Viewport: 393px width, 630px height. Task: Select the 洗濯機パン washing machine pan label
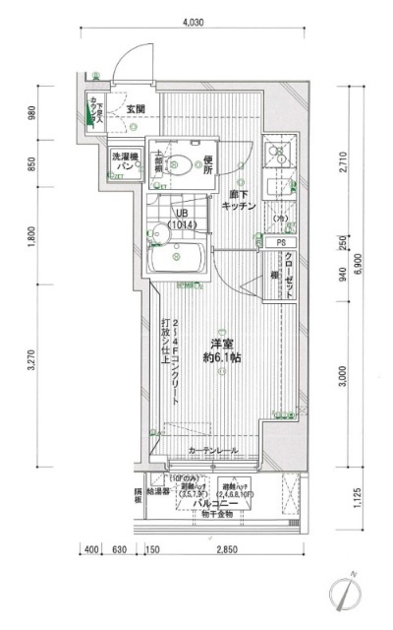click(122, 163)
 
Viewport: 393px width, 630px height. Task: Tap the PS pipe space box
click(280, 242)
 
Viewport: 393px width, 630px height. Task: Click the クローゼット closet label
click(291, 276)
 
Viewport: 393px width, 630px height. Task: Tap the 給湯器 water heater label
click(159, 489)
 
